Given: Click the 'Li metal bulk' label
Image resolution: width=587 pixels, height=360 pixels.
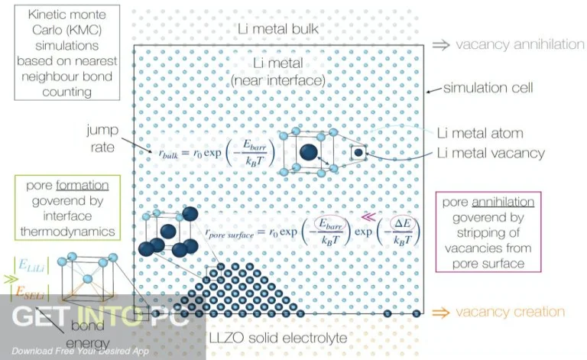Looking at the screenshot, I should pyautogui.click(x=277, y=30).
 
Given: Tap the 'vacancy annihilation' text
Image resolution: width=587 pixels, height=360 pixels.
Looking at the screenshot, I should pyautogui.click(x=520, y=44).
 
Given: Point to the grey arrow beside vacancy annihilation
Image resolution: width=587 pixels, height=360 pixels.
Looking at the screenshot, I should pyautogui.click(x=442, y=44).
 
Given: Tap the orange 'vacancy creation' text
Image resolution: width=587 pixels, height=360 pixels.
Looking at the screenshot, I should pyautogui.click(x=510, y=312).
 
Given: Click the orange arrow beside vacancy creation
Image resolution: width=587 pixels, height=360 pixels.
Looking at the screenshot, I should pyautogui.click(x=442, y=312).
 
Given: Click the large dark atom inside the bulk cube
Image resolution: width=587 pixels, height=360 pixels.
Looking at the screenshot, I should pyautogui.click(x=308, y=151).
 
